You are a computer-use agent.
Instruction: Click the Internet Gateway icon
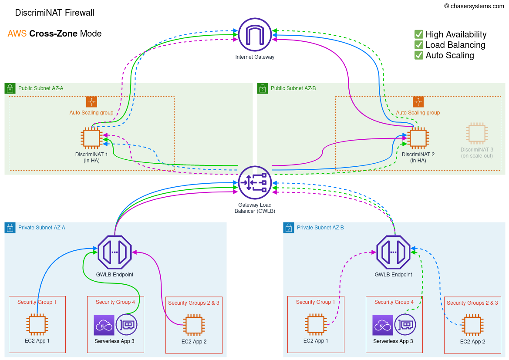(255, 35)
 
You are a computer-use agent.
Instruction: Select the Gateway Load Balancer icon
(255, 182)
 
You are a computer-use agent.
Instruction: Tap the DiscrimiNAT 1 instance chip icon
(91, 138)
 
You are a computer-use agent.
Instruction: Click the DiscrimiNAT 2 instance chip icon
(418, 138)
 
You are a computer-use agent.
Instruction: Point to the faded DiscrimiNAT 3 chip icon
(477, 134)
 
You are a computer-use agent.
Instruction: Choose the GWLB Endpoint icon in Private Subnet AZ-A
(115, 252)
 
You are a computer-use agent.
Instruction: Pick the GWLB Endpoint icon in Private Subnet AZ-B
(393, 252)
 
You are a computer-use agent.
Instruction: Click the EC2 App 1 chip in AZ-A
(37, 325)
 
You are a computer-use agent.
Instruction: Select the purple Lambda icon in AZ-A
(104, 325)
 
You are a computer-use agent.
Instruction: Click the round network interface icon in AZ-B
(405, 325)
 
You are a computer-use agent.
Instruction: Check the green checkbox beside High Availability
(419, 34)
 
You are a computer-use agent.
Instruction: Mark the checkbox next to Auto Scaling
(419, 55)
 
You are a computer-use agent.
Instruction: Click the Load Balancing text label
(455, 45)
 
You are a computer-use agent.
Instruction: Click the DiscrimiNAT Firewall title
(54, 13)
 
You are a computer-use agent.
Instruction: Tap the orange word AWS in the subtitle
(17, 34)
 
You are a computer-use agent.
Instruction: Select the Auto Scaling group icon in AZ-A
(91, 102)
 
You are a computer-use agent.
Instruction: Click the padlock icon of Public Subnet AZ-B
(263, 88)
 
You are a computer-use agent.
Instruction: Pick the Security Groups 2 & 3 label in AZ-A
(194, 303)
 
